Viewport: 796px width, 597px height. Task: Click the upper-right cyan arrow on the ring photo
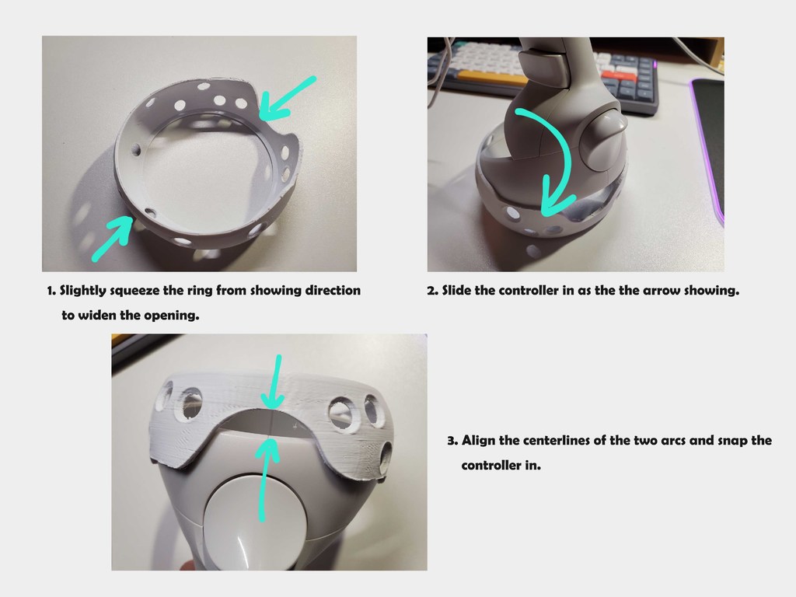pos(285,98)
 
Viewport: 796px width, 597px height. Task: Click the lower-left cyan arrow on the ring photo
pos(111,238)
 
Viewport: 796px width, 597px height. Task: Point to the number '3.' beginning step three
pos(452,441)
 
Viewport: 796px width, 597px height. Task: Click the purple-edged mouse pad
pos(707,140)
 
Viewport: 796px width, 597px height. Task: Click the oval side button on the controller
pos(606,138)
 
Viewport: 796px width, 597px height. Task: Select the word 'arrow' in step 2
pos(667,291)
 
